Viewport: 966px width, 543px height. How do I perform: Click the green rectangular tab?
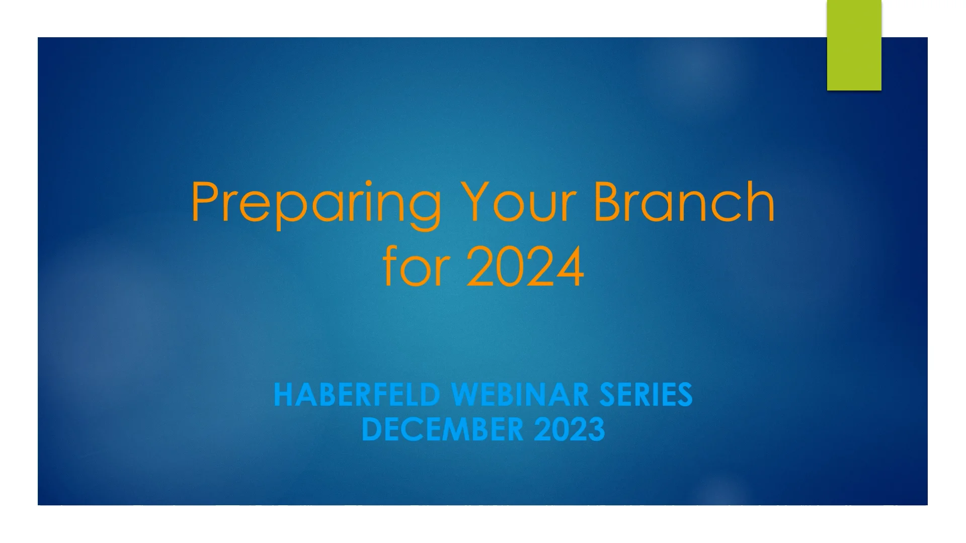[854, 45]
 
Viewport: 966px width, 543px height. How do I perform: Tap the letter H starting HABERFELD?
[283, 395]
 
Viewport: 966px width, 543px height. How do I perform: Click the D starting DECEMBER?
[371, 430]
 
